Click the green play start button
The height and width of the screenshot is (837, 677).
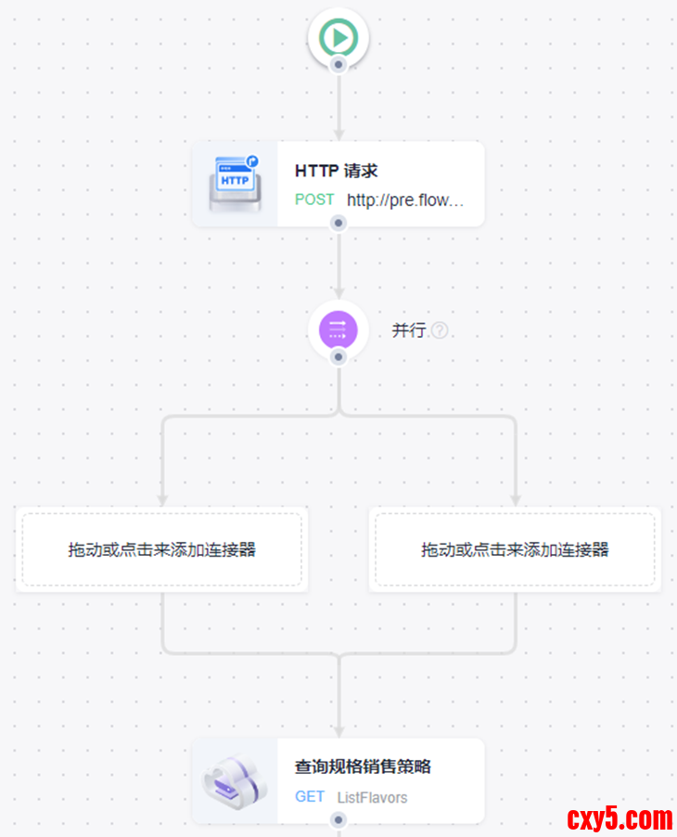[x=338, y=38]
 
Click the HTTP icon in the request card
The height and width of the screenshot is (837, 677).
[x=234, y=183]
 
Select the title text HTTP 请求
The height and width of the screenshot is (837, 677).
[x=336, y=171]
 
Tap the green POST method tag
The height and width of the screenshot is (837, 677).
[x=314, y=200]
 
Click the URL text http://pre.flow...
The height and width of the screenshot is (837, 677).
[x=405, y=200]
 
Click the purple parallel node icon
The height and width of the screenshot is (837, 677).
[x=338, y=329]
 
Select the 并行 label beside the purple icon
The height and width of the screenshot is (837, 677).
[x=408, y=330]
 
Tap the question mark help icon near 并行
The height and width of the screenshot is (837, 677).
[x=440, y=330]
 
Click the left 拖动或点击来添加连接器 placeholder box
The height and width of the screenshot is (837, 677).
[x=162, y=549]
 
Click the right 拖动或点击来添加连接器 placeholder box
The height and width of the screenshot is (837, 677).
[x=515, y=549]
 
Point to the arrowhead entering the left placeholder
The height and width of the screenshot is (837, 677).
[x=162, y=500]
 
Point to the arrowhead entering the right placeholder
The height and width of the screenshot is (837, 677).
[x=515, y=500]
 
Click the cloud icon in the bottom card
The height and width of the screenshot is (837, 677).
[x=234, y=780]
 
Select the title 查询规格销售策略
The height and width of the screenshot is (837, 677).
[x=363, y=767]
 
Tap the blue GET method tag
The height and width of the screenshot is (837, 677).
[x=310, y=796]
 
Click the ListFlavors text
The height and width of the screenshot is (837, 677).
[x=372, y=797]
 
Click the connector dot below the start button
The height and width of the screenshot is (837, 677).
[x=338, y=65]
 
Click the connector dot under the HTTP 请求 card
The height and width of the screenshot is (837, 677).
[x=338, y=223]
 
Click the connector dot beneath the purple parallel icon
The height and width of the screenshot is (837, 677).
[x=338, y=356]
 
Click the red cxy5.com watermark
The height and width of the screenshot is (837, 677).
[x=619, y=818]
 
